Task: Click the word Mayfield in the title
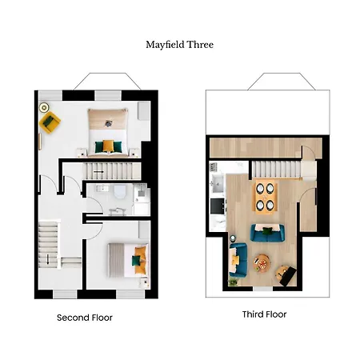(165, 45)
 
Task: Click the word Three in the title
(201, 45)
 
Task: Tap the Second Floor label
(85, 318)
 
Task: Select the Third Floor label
(264, 314)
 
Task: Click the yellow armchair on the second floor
(50, 122)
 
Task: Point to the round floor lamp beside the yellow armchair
(42, 106)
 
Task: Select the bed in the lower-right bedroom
(129, 258)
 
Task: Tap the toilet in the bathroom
(117, 192)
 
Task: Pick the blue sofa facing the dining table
(266, 233)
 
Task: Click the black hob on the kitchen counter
(216, 206)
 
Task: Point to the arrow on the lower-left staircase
(47, 256)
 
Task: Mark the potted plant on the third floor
(231, 282)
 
